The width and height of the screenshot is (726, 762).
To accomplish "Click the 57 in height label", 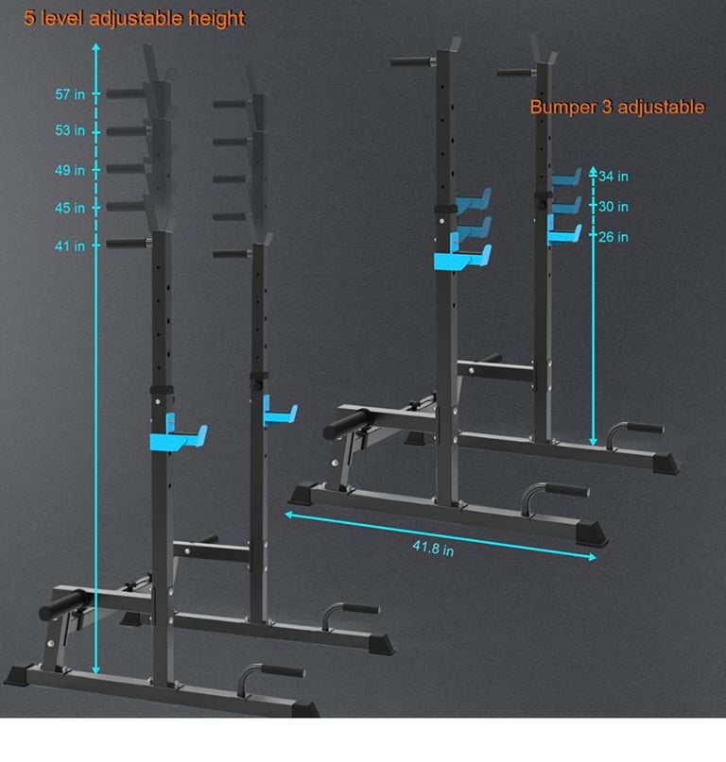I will pyautogui.click(x=69, y=93).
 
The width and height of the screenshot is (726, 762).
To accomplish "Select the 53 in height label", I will pyautogui.click(x=69, y=130).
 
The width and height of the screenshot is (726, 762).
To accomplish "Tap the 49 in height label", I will pyautogui.click(x=69, y=170).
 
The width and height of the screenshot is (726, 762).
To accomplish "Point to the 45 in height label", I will pyautogui.click(x=69, y=208).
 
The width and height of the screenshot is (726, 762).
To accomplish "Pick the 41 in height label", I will pyautogui.click(x=69, y=246).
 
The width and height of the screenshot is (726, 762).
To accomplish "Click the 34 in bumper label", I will pyautogui.click(x=614, y=176).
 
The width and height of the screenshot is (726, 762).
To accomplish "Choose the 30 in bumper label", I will pyautogui.click(x=614, y=207).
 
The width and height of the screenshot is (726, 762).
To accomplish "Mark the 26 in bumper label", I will pyautogui.click(x=614, y=237).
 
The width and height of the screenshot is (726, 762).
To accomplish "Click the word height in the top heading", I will pyautogui.click(x=211, y=18).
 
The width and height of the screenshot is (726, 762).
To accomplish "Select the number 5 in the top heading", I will pyautogui.click(x=16, y=18).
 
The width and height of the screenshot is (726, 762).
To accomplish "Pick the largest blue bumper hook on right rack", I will pyautogui.click(x=463, y=257).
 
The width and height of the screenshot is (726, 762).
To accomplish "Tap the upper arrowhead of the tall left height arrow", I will pyautogui.click(x=95, y=47).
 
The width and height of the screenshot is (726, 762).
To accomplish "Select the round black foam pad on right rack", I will pyautogui.click(x=342, y=424).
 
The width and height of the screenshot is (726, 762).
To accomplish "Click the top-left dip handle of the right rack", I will pyautogui.click(x=412, y=62).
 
